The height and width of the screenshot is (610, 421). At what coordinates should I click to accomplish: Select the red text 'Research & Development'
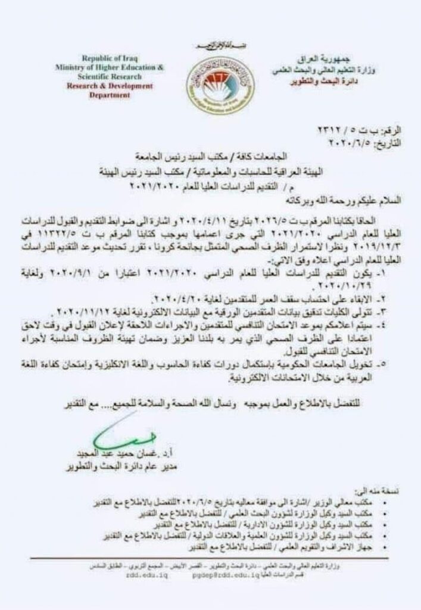[111, 86]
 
